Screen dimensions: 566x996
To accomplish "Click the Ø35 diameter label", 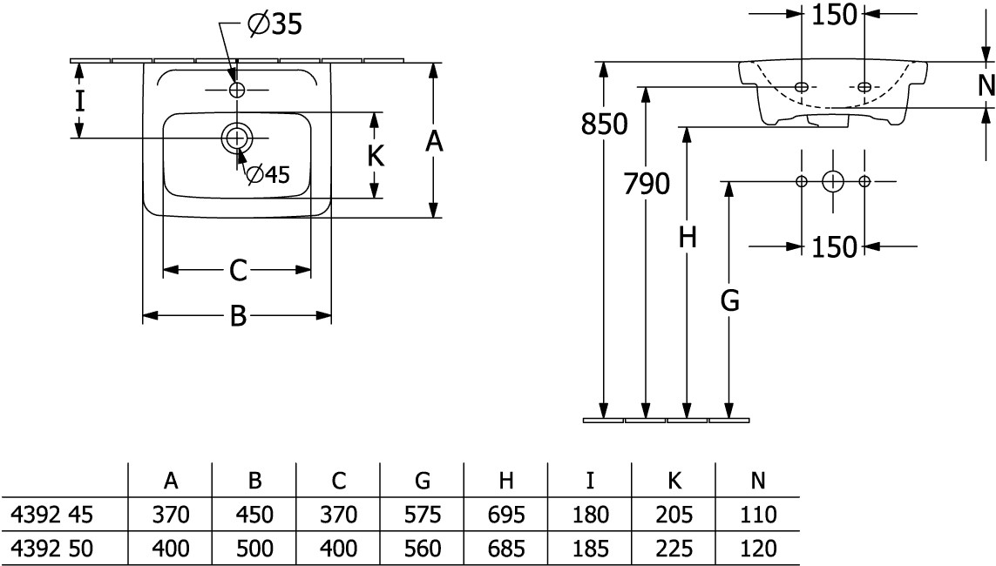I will tap(274, 25).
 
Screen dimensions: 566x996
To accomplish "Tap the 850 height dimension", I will tap(605, 125).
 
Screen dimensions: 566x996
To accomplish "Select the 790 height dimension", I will tap(646, 184).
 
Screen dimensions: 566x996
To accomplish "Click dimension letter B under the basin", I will tap(238, 318).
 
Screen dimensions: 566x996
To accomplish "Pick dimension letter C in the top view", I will tap(238, 271).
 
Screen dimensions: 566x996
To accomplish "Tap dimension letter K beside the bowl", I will tap(376, 156).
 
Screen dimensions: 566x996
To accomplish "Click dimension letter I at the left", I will tap(79, 100).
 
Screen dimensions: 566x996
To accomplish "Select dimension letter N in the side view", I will tap(986, 84).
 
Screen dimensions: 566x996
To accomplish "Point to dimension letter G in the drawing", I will tap(729, 300).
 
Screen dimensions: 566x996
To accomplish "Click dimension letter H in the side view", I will tap(688, 237).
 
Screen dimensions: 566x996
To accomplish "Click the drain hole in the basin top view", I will tap(236, 138).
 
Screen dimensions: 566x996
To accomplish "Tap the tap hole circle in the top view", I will tap(236, 90).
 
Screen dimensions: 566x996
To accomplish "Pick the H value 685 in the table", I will tap(507, 549).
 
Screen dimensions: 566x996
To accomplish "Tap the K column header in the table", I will tap(674, 481).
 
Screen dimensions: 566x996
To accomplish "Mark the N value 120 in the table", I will tap(758, 549).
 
